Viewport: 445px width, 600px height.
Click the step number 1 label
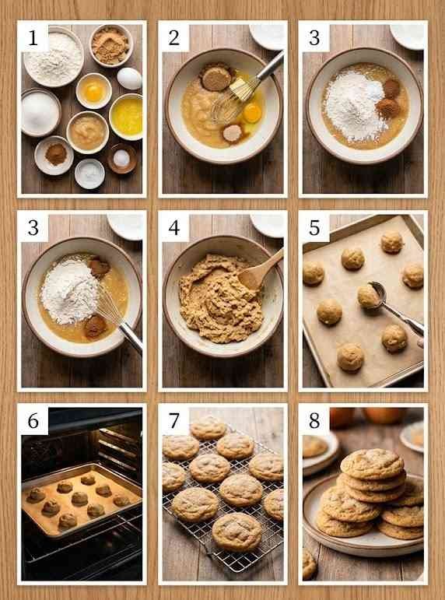(x=33, y=38)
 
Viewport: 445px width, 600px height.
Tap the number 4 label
(x=174, y=228)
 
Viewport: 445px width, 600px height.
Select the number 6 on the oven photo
(x=33, y=420)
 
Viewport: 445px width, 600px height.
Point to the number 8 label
(x=314, y=420)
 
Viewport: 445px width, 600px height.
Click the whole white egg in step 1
(x=129, y=79)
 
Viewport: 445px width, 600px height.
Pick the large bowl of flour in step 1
(x=53, y=57)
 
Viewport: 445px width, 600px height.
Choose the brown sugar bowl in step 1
(x=111, y=46)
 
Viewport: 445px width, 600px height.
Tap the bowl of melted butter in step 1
(x=126, y=116)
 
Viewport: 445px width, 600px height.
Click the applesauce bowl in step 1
(x=88, y=132)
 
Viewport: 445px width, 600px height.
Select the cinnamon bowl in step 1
(x=54, y=156)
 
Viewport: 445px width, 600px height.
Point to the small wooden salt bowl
(x=121, y=158)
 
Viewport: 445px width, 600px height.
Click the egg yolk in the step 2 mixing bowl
(x=253, y=113)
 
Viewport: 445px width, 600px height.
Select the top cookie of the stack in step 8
(x=372, y=464)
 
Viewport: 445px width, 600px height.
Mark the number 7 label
(x=174, y=420)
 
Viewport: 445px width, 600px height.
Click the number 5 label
(x=314, y=228)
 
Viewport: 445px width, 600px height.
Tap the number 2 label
(x=174, y=38)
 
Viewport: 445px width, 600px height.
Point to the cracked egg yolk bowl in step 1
(x=93, y=91)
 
